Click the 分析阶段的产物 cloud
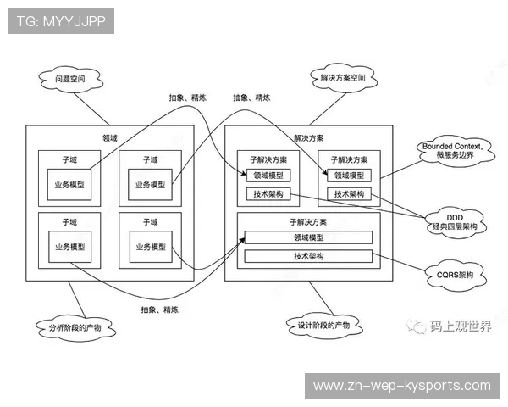click(76, 326)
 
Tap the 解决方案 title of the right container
click(308, 138)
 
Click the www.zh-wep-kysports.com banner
click(402, 386)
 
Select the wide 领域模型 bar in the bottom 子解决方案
click(308, 237)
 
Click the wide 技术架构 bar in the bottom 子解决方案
click(308, 256)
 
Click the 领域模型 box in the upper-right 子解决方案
click(349, 176)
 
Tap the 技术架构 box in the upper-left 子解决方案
click(268, 194)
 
